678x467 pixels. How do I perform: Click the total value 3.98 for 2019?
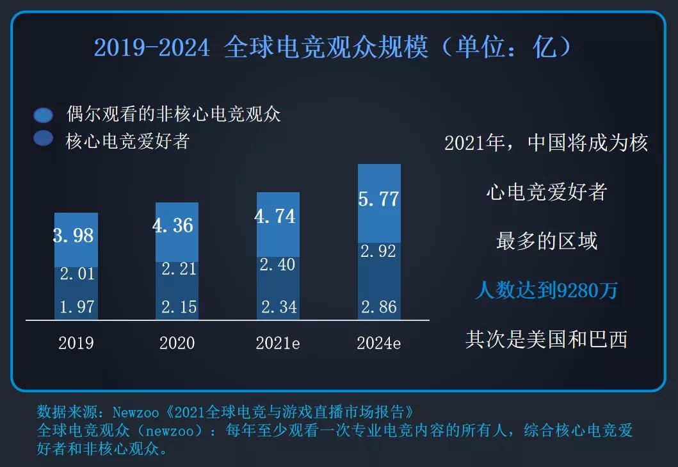[x=74, y=236]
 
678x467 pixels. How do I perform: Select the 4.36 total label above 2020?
[x=173, y=225]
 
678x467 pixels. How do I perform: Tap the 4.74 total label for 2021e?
[x=275, y=216]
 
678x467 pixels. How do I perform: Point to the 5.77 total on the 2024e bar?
[x=378, y=199]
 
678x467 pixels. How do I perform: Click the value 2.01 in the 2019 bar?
[x=77, y=274]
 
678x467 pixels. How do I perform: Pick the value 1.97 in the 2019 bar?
[x=77, y=307]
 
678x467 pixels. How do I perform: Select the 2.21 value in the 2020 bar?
[x=179, y=269]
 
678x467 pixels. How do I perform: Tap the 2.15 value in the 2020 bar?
[x=179, y=307]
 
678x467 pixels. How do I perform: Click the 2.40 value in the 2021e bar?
[x=279, y=265]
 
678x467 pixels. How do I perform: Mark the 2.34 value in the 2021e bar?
[x=279, y=307]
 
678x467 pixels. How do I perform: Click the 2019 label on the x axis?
[x=76, y=343]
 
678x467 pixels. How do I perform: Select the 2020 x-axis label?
[x=177, y=343]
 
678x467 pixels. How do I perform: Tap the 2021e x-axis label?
[x=278, y=343]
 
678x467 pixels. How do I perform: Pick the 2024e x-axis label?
[x=379, y=343]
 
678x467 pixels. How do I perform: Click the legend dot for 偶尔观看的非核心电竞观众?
[x=44, y=115]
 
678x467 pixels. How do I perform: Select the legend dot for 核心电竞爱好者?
[x=44, y=138]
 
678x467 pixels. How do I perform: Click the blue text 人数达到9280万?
[x=546, y=291]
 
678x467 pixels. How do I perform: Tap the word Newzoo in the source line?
[x=138, y=411]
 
